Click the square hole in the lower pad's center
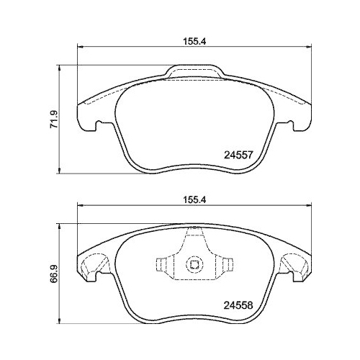tap(193, 265)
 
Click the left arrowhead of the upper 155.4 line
tap(80, 48)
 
